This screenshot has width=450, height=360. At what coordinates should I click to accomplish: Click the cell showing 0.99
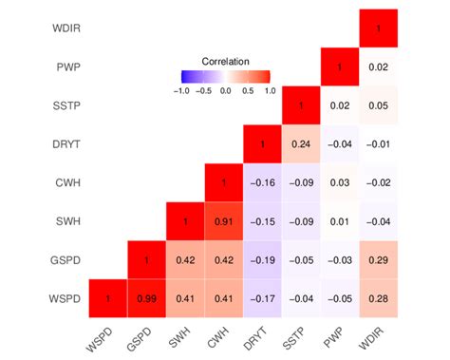point(147,299)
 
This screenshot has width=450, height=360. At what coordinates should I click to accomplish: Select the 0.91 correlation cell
point(224,222)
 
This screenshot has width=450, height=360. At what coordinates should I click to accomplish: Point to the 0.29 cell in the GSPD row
point(379,260)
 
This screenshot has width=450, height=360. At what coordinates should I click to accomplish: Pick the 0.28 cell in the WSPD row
point(379,299)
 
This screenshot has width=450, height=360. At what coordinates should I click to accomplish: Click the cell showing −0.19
point(263,260)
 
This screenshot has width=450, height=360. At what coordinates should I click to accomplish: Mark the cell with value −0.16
point(263,183)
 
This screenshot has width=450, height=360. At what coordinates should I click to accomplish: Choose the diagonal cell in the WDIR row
point(379,29)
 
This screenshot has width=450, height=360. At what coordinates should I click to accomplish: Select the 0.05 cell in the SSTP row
point(379,106)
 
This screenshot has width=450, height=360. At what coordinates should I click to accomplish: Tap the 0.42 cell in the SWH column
point(186,260)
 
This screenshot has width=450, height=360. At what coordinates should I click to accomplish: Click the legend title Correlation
point(225,60)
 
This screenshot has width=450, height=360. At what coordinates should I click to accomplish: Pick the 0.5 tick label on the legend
point(248,91)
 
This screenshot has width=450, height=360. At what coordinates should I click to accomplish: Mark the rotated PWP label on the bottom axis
point(332,335)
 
